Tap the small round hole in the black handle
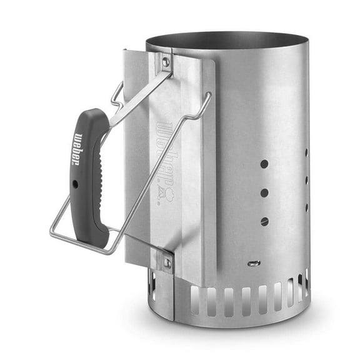point(76,185)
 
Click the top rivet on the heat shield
point(165,61)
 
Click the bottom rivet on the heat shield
point(167,263)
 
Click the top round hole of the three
point(264,164)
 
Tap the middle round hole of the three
point(264,192)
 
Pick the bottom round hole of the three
point(264,221)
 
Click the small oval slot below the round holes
point(253,263)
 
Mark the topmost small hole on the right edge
point(306,152)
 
